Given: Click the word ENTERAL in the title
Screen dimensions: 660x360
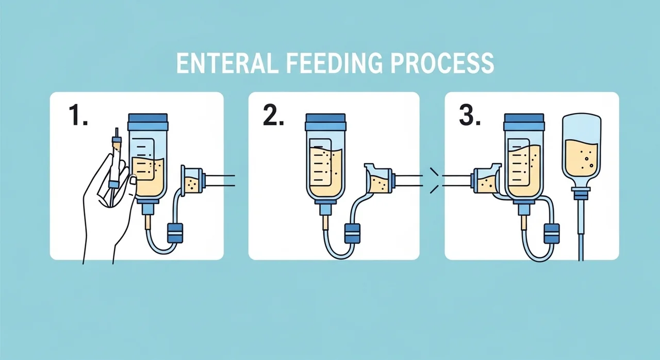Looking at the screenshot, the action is (x=227, y=63).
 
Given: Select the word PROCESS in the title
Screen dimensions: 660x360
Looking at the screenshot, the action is (x=442, y=63).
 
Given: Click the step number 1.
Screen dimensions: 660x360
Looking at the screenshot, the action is (x=78, y=115).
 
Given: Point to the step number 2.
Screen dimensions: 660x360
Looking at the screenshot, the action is (x=273, y=115).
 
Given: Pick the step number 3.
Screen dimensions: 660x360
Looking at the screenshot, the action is (x=470, y=115).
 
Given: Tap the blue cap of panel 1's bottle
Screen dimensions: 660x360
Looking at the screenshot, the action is (x=148, y=122).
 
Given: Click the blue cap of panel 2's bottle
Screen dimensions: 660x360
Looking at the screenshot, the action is (x=325, y=122).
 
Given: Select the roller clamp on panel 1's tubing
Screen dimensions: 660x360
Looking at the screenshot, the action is (x=175, y=233).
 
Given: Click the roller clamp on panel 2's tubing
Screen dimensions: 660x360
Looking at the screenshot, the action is (x=352, y=233).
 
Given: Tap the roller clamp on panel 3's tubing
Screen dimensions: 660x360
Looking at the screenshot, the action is (x=552, y=233).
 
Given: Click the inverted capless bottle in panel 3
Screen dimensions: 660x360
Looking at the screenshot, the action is (x=581, y=150).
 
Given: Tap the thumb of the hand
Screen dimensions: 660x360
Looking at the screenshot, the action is (x=132, y=186).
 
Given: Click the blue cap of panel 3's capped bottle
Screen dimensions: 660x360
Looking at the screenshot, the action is (x=524, y=122).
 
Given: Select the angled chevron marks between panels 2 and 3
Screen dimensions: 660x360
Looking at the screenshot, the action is (x=434, y=181).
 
